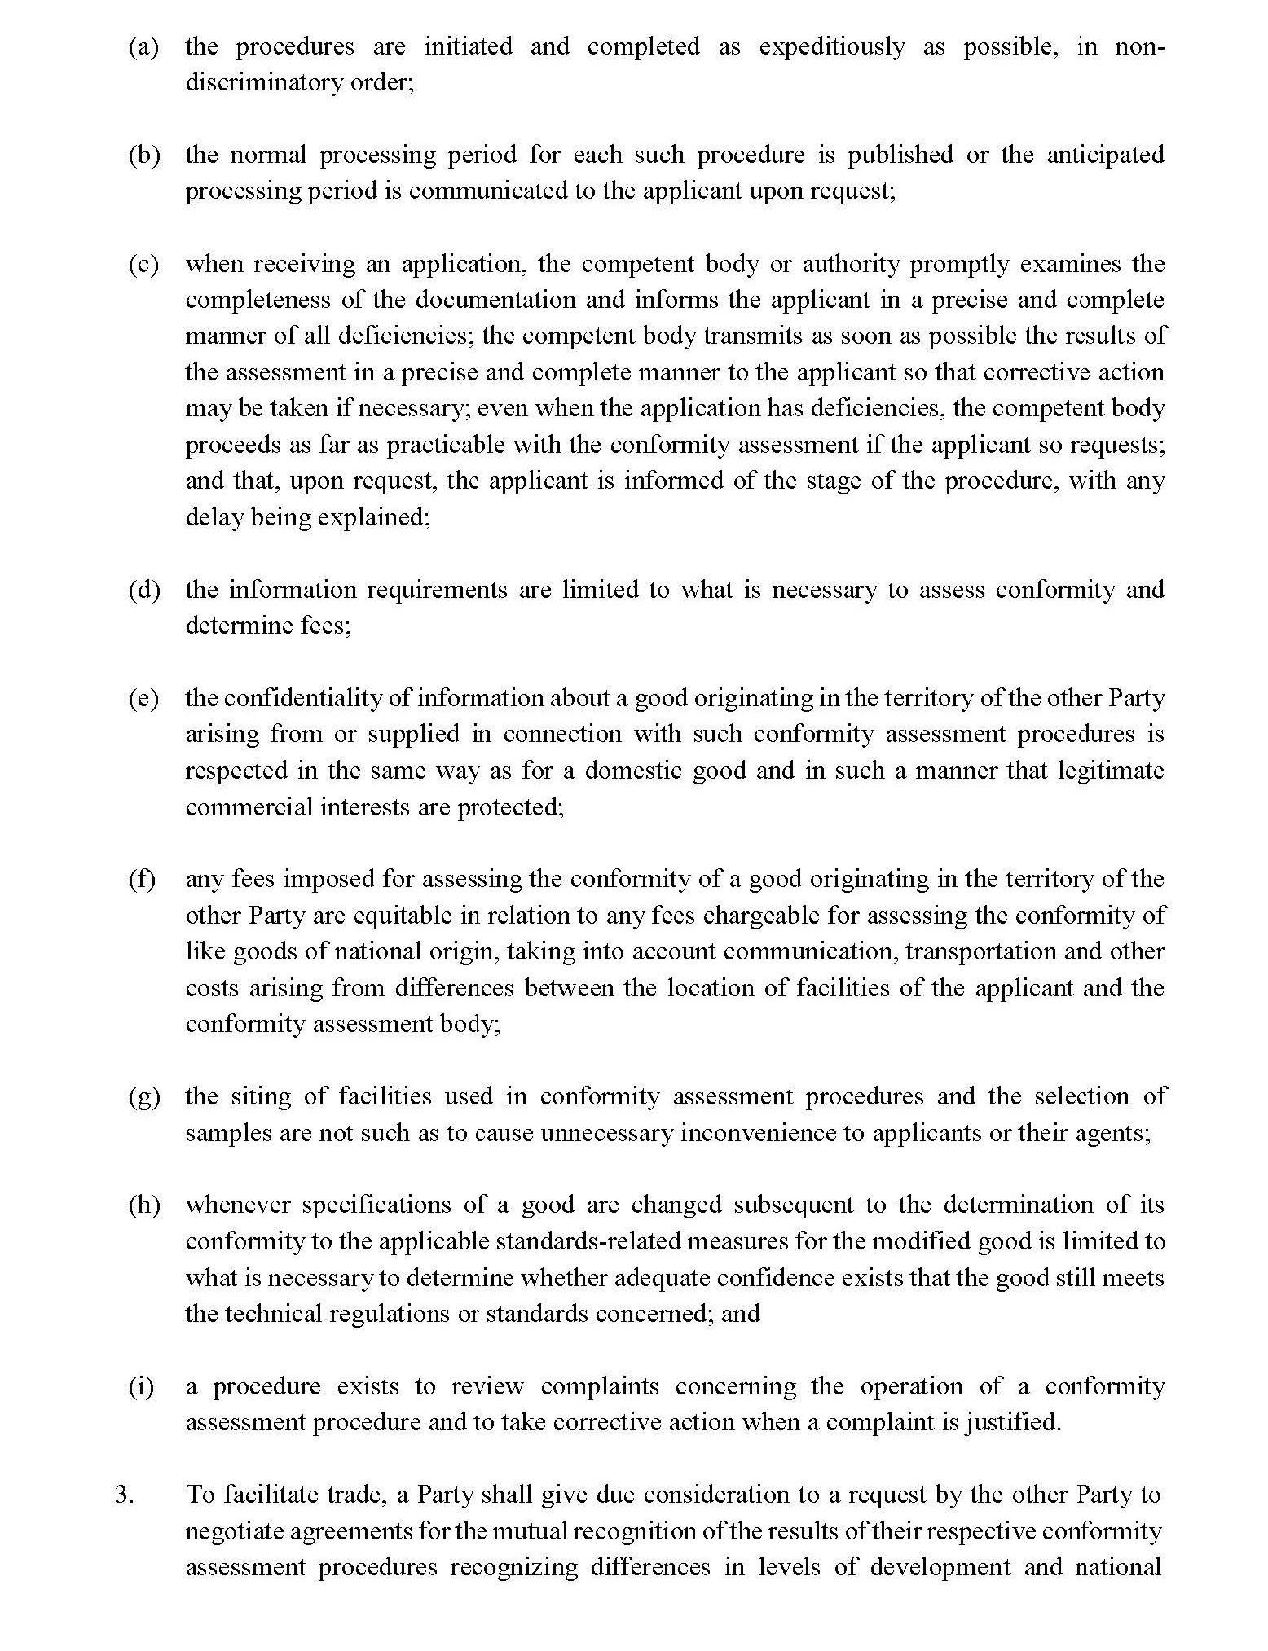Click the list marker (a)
point(143,47)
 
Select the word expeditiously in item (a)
point(831,47)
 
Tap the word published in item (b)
point(900,155)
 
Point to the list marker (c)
point(143,264)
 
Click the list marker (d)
point(143,590)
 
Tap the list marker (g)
point(143,1096)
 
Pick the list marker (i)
point(142,1386)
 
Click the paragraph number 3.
point(125,1495)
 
